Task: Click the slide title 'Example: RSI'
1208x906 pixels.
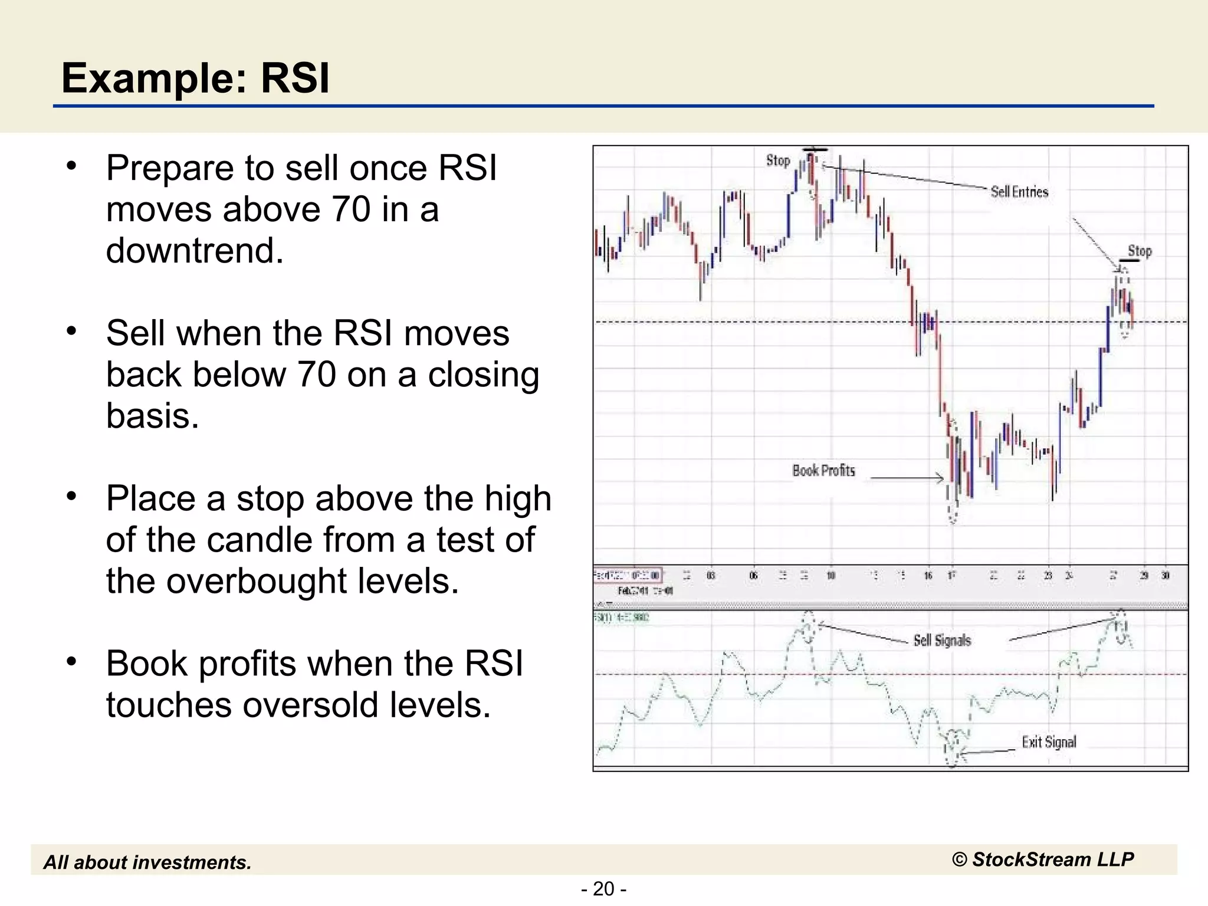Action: pos(195,78)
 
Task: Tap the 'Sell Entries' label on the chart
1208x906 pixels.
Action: pos(1019,192)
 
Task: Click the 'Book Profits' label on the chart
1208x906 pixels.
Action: pos(823,471)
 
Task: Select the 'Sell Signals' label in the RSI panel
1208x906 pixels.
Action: pos(942,641)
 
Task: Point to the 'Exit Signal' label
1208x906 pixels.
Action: pos(1049,742)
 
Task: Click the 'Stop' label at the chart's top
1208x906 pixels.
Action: pos(778,160)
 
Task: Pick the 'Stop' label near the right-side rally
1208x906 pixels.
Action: pos(1140,251)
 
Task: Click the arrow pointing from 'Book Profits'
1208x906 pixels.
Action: pos(907,478)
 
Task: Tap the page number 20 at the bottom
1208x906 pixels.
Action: pos(603,888)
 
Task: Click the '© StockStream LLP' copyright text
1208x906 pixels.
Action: pos(1043,859)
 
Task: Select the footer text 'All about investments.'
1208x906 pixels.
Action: pos(147,862)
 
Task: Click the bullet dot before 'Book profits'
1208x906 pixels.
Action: pos(71,662)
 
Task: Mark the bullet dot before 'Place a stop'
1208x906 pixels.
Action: pos(71,497)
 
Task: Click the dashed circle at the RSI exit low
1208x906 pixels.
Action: pos(953,749)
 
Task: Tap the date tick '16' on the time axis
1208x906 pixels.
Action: pos(928,576)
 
